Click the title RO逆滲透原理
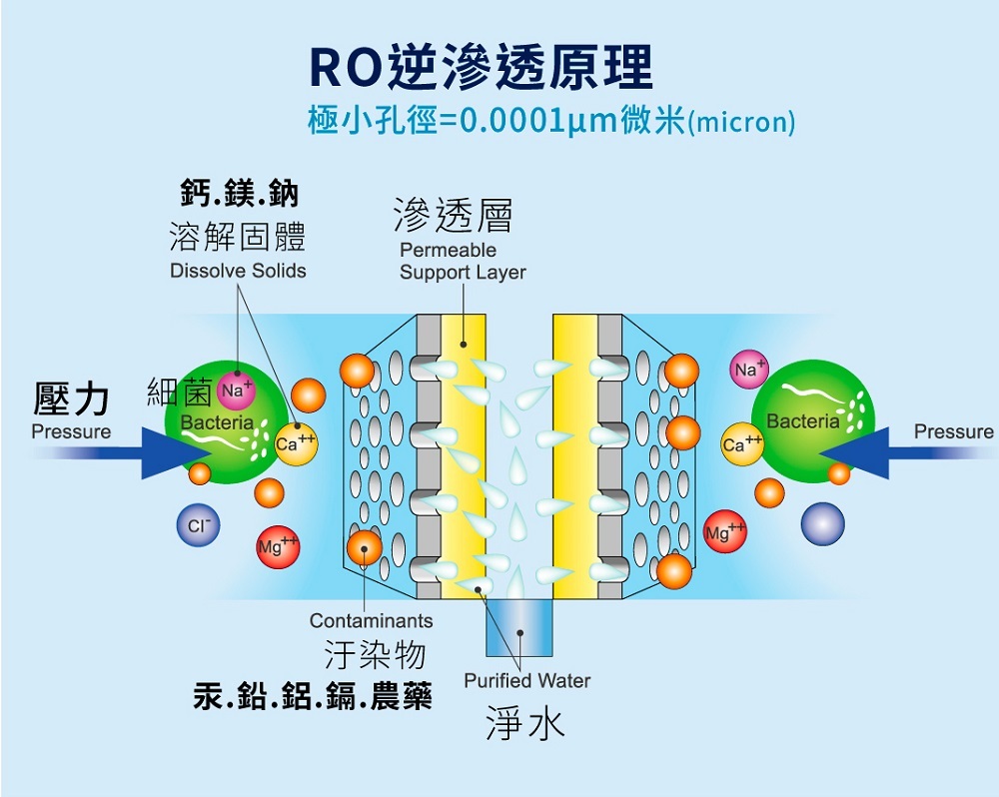click(481, 68)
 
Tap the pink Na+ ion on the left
click(236, 391)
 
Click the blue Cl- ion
click(198, 525)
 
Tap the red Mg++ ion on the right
click(725, 531)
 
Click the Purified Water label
click(526, 681)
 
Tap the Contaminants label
click(371, 621)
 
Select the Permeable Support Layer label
click(462, 262)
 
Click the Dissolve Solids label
click(238, 271)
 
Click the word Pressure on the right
click(953, 431)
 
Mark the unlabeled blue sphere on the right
click(822, 523)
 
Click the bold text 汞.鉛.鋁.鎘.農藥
click(313, 696)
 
